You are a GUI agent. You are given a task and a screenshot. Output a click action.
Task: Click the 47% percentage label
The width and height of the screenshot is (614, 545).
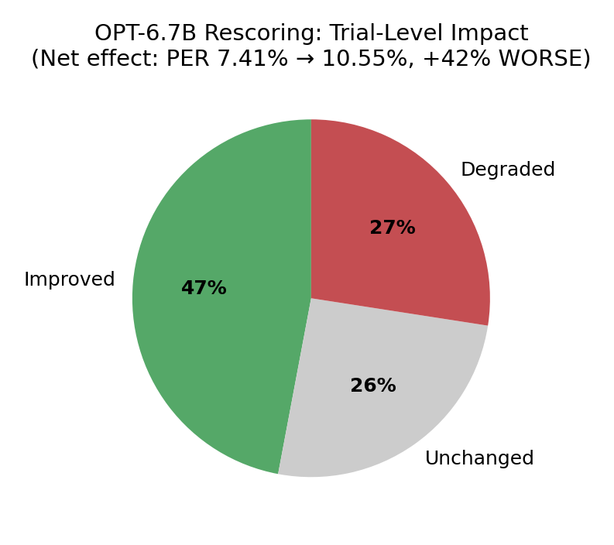click(x=204, y=289)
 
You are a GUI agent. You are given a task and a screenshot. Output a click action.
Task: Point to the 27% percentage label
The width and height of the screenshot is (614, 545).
click(x=392, y=228)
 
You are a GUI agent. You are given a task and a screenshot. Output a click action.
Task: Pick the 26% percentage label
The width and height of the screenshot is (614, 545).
click(x=372, y=386)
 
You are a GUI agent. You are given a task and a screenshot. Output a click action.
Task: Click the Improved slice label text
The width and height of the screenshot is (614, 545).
click(x=70, y=280)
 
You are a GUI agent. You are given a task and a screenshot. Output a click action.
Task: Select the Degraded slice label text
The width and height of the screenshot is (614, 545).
click(x=507, y=170)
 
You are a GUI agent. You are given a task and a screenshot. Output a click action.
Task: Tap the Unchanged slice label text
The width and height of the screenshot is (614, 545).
click(x=479, y=459)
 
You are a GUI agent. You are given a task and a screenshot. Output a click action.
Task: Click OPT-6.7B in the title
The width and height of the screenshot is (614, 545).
click(x=145, y=34)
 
